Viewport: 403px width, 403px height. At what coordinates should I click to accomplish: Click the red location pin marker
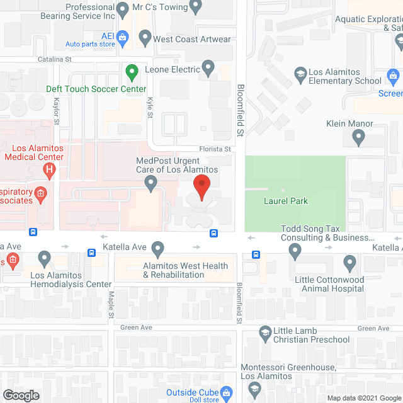pyautogui.click(x=201, y=188)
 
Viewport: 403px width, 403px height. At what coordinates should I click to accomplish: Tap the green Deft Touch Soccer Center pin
pyautogui.click(x=132, y=72)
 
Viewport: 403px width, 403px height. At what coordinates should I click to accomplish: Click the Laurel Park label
pyautogui.click(x=285, y=201)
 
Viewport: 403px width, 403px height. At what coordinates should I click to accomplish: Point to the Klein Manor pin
pyautogui.click(x=358, y=137)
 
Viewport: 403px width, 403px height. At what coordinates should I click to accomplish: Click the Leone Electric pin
pyautogui.click(x=208, y=68)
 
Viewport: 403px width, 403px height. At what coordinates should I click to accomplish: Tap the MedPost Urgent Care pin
pyautogui.click(x=150, y=184)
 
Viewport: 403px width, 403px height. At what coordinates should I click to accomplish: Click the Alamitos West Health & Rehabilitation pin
pyautogui.click(x=157, y=248)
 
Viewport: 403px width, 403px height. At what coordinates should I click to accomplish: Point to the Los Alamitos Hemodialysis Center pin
pyautogui.click(x=44, y=258)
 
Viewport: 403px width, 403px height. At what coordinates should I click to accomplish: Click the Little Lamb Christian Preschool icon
pyautogui.click(x=265, y=332)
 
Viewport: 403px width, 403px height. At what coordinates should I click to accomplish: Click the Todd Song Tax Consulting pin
pyautogui.click(x=295, y=252)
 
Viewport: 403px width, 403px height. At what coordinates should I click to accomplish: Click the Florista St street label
pyautogui.click(x=216, y=149)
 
